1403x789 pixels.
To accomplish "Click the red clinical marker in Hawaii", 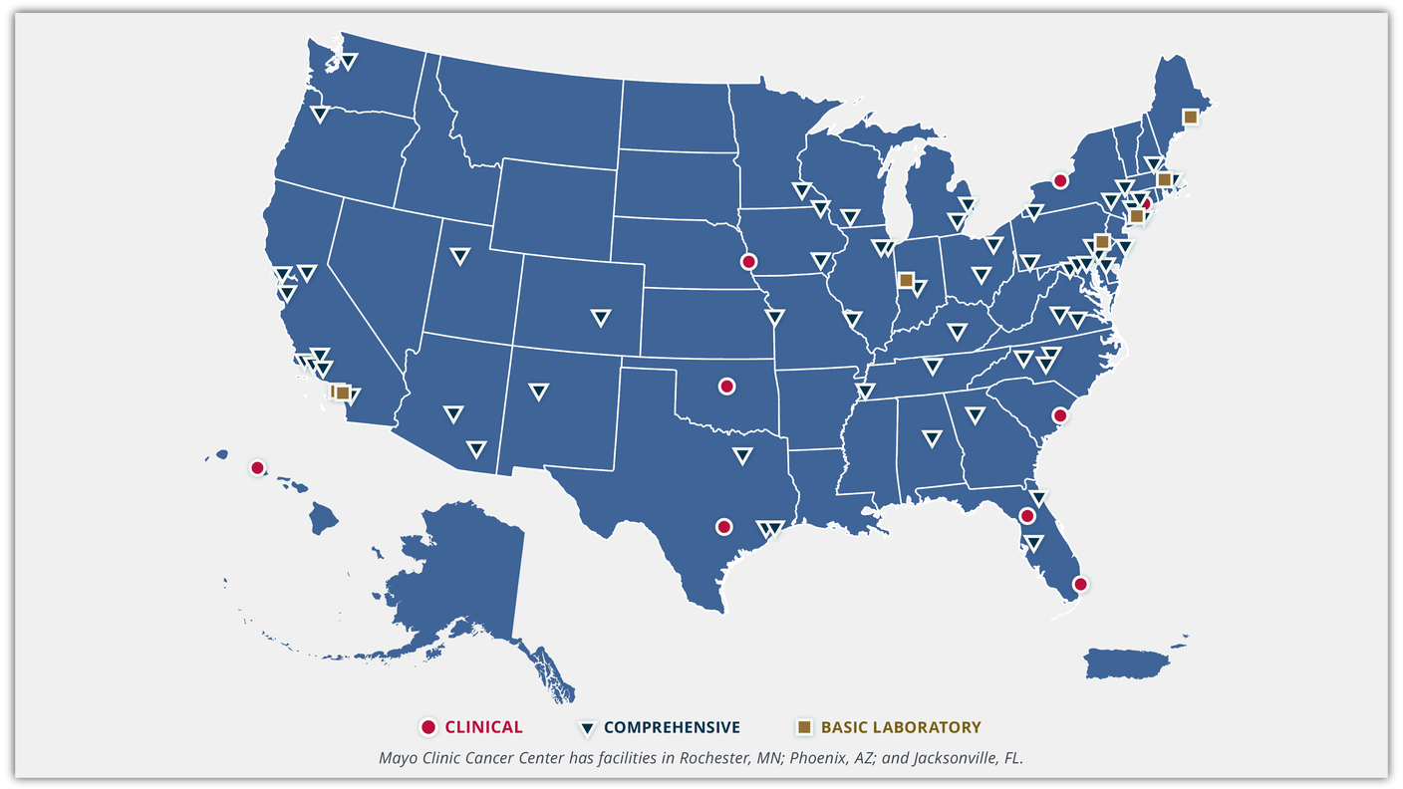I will (257, 467).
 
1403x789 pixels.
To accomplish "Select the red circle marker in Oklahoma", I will (726, 386).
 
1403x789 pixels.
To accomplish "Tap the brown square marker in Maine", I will (1190, 117).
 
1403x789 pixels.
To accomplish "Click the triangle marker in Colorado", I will (600, 317).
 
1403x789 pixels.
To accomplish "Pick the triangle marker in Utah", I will (459, 256).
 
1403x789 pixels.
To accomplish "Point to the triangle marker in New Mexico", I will (538, 392).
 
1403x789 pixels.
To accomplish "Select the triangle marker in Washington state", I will (348, 61).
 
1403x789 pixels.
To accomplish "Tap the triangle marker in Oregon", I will (319, 114).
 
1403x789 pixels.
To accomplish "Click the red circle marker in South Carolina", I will (1060, 415).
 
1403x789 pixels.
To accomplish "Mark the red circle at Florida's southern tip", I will (1079, 584).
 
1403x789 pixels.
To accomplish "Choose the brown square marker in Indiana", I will (906, 280).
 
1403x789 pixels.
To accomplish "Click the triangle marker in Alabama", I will (932, 437).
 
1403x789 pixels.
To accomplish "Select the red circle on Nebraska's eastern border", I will (748, 262).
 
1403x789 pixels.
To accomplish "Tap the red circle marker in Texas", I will (723, 526).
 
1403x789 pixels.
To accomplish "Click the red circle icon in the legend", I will (428, 727).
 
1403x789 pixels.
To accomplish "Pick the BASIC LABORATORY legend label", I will (900, 727).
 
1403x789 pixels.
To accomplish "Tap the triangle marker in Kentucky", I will (958, 332).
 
